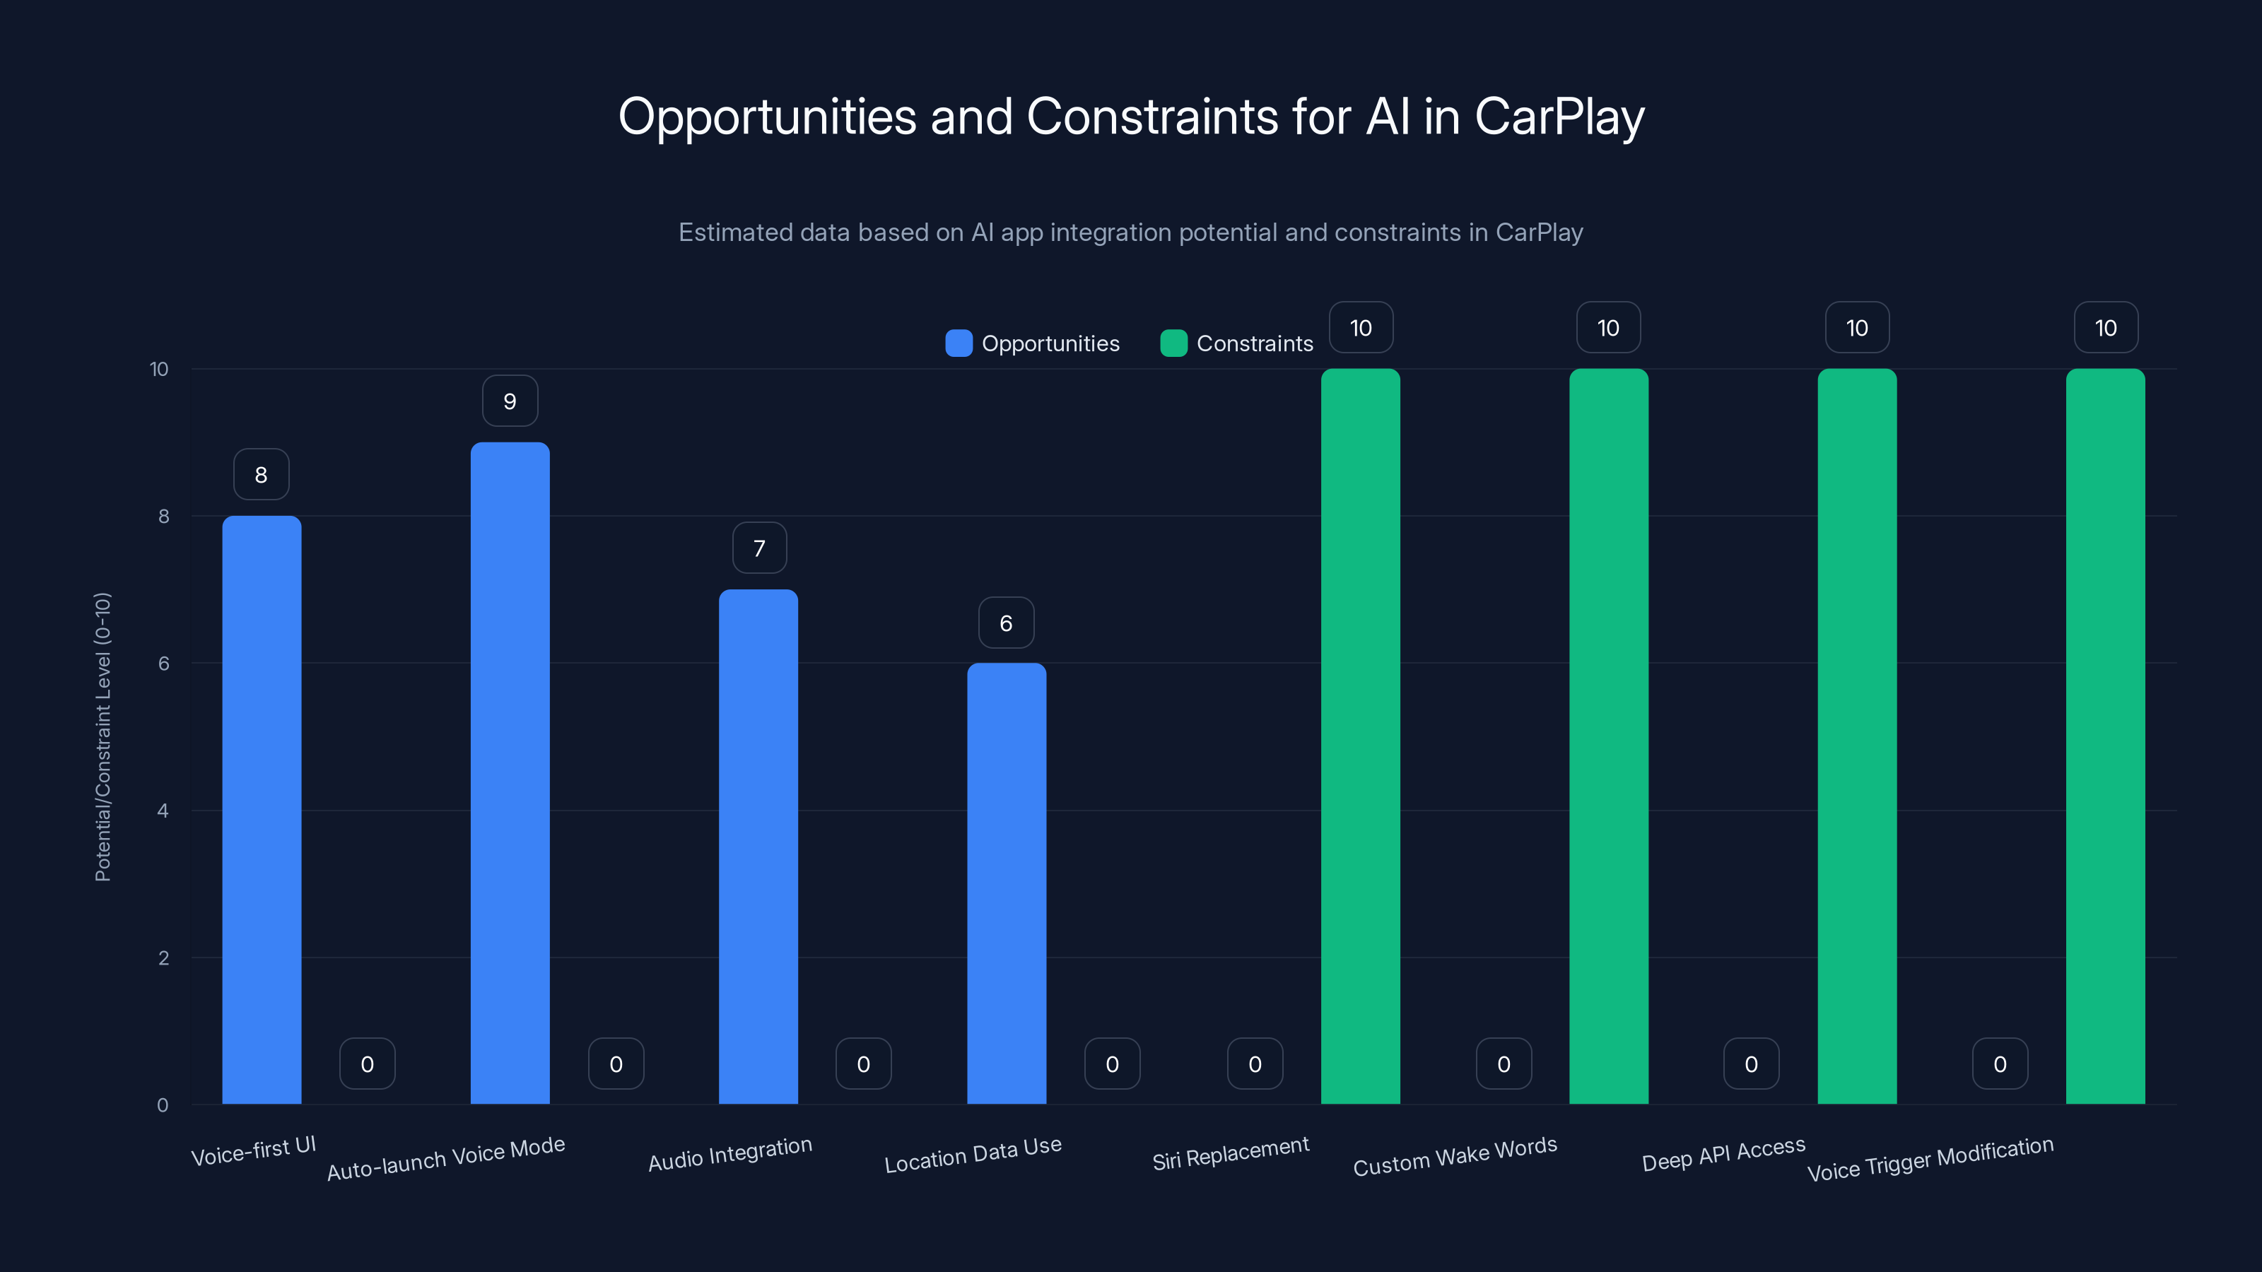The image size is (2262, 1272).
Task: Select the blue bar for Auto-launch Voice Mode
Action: tap(510, 772)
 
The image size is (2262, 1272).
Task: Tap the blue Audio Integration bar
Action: tap(758, 847)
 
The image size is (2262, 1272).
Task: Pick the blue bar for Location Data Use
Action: tap(1007, 883)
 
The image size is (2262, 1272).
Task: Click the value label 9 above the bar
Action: tap(510, 401)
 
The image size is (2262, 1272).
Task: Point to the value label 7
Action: tap(760, 548)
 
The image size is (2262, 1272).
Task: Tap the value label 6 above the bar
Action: tap(1007, 623)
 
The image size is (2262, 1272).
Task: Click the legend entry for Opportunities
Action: tap(1033, 343)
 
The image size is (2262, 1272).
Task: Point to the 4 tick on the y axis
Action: tap(163, 811)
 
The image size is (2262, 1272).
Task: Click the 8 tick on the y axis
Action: tap(163, 516)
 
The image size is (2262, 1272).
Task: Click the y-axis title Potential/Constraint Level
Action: tap(102, 736)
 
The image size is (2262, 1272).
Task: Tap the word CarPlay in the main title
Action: tap(1559, 117)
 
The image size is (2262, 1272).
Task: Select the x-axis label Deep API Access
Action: tap(1724, 1153)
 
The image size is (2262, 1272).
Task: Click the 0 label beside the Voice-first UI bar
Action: tap(367, 1064)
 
